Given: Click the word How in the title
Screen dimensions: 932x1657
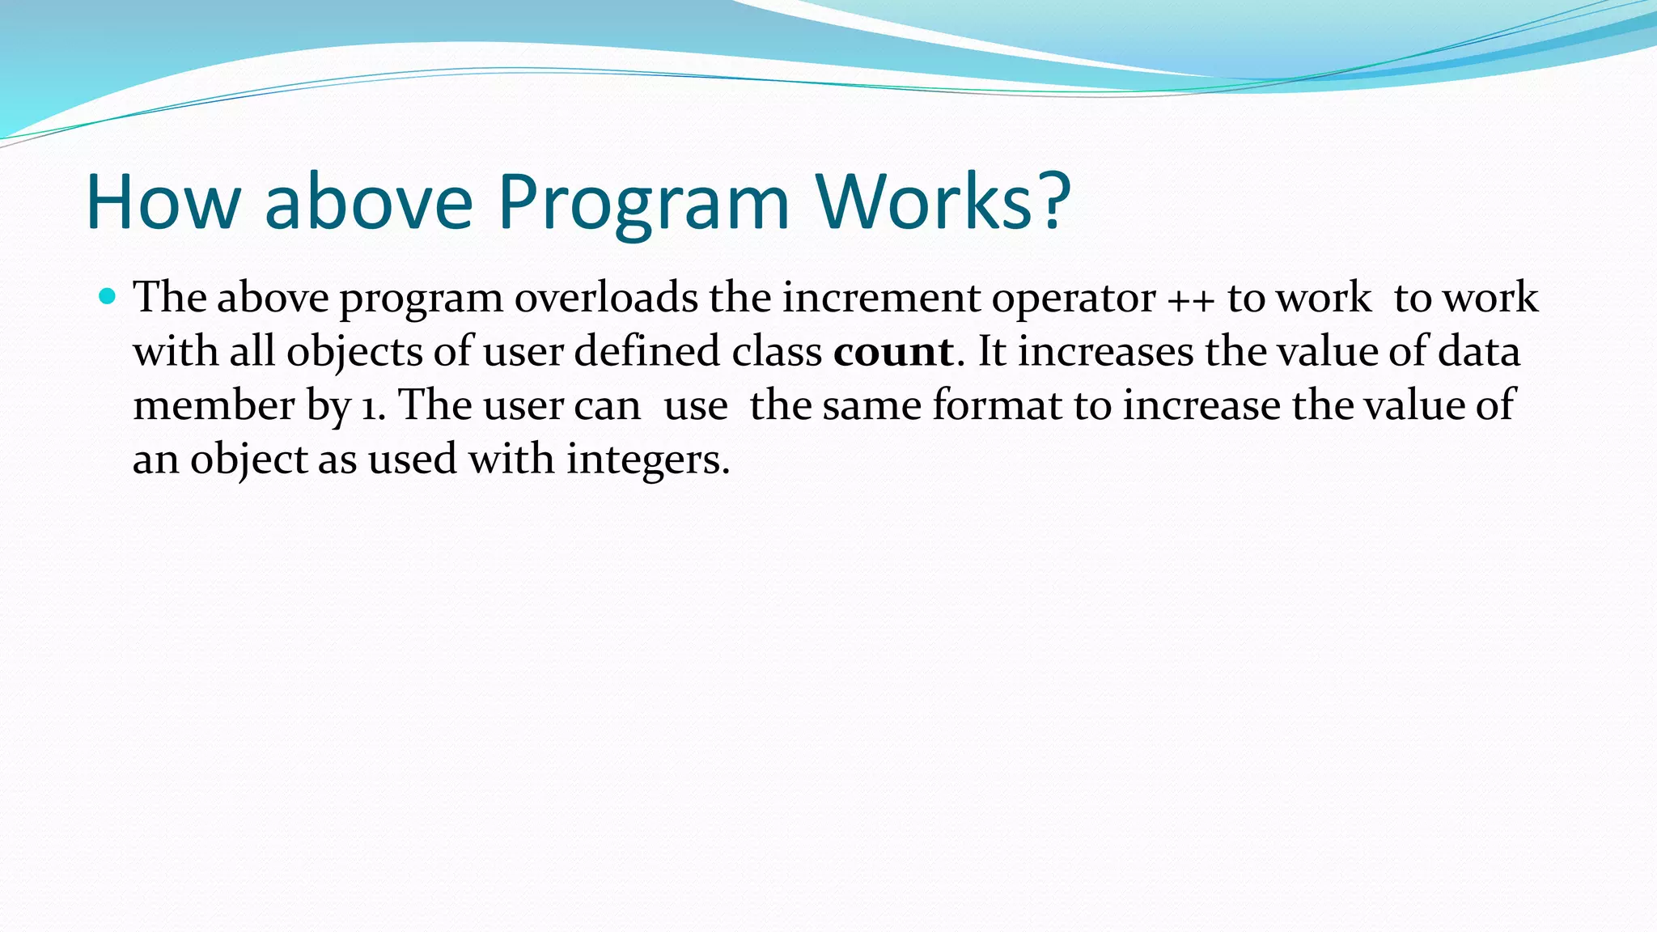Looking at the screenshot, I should (x=162, y=202).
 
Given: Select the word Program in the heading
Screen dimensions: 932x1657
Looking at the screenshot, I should (x=643, y=202).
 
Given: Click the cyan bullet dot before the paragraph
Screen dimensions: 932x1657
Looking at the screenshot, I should (x=107, y=296).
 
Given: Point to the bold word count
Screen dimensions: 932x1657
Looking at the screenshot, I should (x=893, y=352).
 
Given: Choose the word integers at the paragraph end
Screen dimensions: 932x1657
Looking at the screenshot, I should (x=647, y=460).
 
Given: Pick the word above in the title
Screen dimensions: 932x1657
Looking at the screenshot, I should (x=368, y=202).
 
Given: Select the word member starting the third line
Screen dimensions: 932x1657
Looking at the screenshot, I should (x=214, y=405).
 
